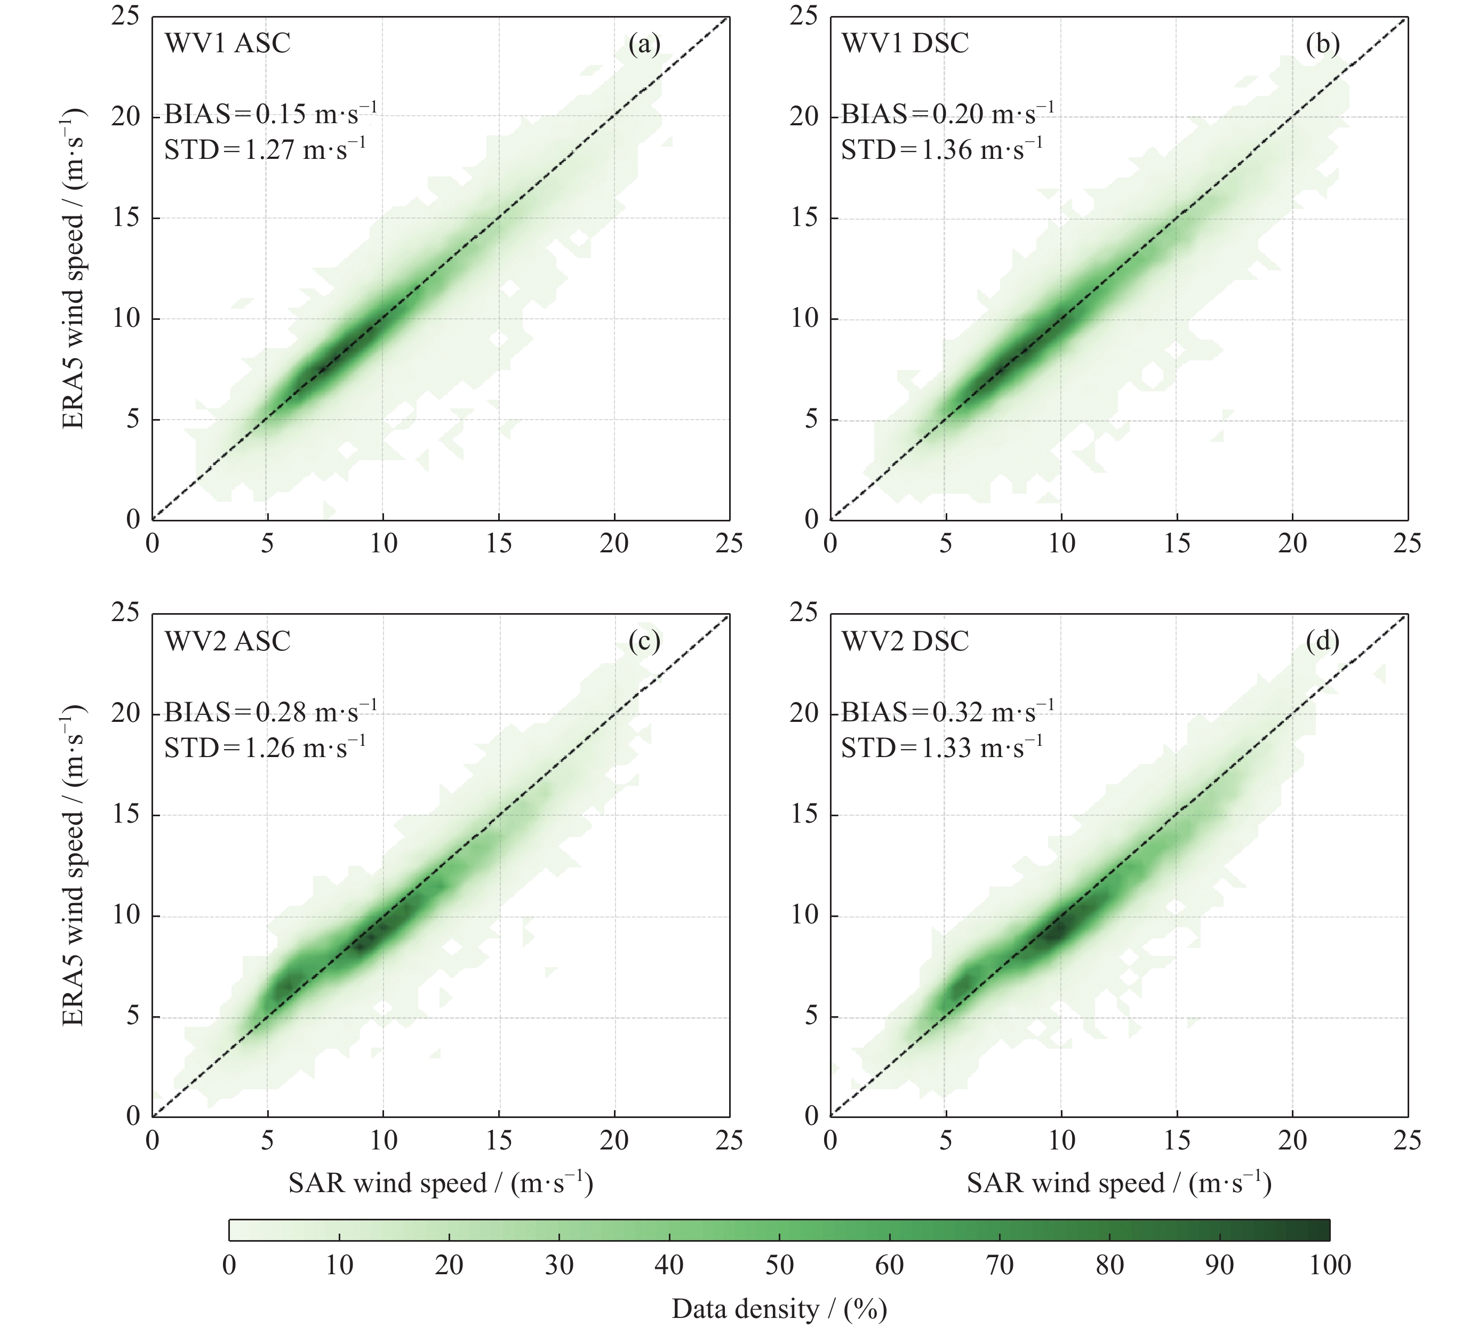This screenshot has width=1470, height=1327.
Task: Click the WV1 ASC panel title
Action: tap(228, 43)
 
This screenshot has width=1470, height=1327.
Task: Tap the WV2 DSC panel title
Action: tap(905, 641)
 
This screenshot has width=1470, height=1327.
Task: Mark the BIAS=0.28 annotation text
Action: tap(270, 712)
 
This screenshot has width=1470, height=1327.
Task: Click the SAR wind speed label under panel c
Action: tap(441, 1183)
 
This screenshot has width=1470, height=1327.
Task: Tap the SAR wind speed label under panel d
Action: tap(1119, 1183)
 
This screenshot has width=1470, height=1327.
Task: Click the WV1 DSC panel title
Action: tap(905, 43)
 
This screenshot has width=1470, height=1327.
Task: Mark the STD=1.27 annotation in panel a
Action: tap(265, 149)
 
